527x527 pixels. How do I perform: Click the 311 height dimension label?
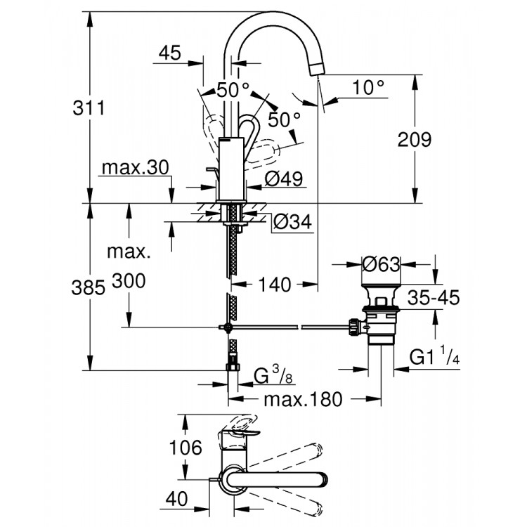coord(89,108)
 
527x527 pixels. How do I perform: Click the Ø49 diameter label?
coord(285,179)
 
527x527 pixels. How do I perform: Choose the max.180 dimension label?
coord(303,399)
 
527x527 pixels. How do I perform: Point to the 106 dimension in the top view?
coord(186,447)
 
